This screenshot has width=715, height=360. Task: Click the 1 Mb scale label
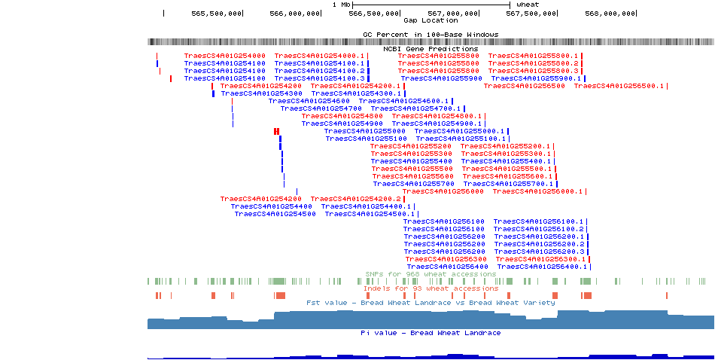tap(342, 5)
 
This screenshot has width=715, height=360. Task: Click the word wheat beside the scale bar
tap(528, 5)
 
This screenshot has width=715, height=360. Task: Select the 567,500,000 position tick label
tap(532, 13)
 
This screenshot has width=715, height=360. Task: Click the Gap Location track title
tap(431, 20)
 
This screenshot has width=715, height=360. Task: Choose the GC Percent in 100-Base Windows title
tap(431, 35)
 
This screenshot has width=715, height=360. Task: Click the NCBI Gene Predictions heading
tap(431, 49)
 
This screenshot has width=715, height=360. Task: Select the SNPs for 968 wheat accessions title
tap(431, 274)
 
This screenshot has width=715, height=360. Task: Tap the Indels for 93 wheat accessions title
tap(431, 288)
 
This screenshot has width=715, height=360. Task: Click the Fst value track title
tap(431, 303)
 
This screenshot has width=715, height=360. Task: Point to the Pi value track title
tap(431, 333)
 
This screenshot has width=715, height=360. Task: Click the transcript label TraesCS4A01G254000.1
tap(319, 56)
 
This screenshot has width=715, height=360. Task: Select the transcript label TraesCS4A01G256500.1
tap(619, 86)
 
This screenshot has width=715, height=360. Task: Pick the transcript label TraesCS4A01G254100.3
tap(319, 78)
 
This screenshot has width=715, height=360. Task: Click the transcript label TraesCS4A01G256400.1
tap(542, 267)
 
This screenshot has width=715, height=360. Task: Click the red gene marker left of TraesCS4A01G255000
tap(277, 131)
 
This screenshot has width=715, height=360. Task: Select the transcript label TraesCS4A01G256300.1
tap(540, 259)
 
